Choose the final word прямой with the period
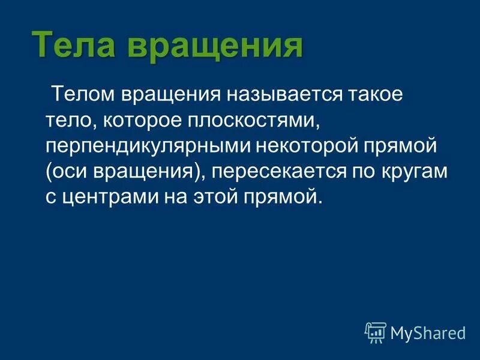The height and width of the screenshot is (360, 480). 287,197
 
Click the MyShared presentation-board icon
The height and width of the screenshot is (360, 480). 375,332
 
